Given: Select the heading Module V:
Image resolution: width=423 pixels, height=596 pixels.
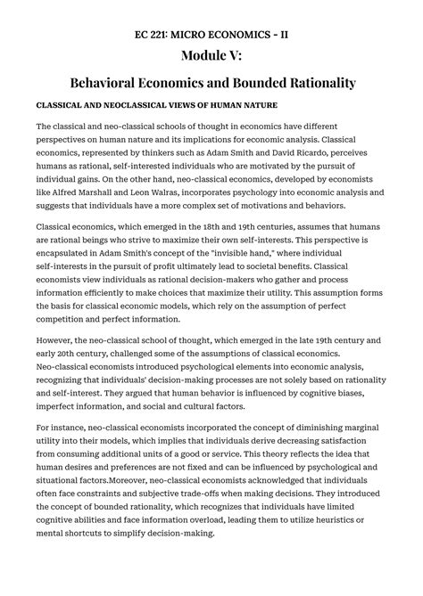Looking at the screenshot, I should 211,57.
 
